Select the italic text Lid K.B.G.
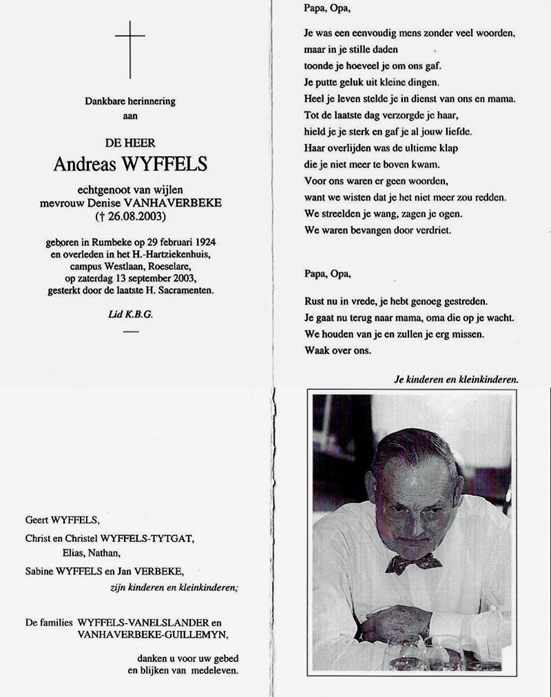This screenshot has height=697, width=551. (x=129, y=314)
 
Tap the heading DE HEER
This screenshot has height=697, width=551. (x=129, y=143)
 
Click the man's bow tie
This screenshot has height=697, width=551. (x=414, y=563)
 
